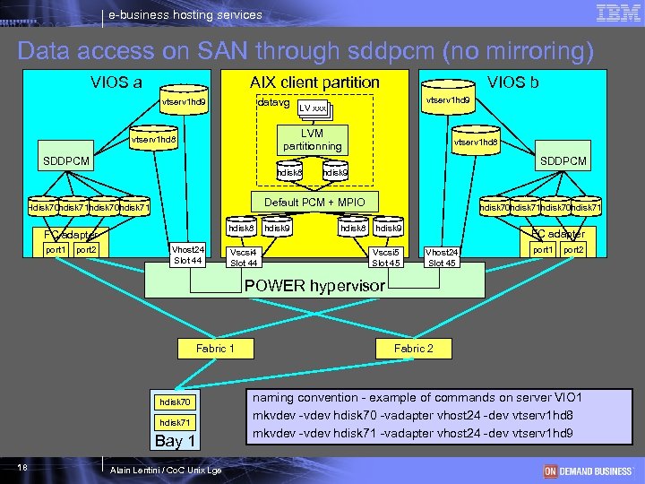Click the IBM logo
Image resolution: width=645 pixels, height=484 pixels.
tap(616, 13)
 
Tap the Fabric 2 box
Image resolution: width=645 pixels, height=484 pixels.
tap(413, 348)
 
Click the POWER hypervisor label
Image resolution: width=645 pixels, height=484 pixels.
tap(314, 287)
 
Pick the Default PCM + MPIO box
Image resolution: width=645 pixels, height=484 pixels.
tap(308, 202)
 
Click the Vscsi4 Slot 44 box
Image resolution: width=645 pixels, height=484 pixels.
tap(244, 257)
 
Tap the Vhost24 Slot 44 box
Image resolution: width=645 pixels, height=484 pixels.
tap(187, 255)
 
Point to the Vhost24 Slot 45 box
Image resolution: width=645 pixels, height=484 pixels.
tap(442, 257)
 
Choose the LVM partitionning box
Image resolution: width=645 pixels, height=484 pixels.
tap(312, 140)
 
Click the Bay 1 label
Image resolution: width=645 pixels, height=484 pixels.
tap(175, 441)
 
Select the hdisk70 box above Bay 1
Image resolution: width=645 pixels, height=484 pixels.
tap(175, 402)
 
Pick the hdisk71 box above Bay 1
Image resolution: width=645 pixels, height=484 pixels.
tap(175, 422)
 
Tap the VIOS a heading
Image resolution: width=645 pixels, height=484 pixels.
tap(116, 82)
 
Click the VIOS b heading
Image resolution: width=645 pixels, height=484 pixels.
tap(512, 82)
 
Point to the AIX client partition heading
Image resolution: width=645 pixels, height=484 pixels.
tap(314, 82)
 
